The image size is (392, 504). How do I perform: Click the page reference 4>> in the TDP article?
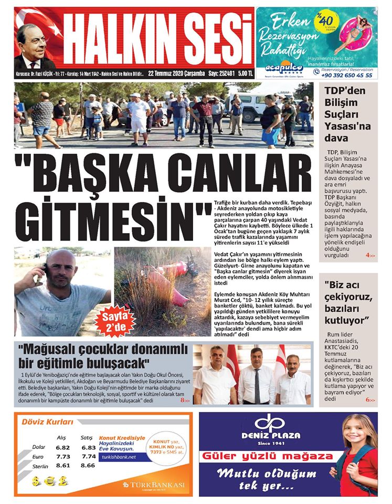click(x=370, y=255)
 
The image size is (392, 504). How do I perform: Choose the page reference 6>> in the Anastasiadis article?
click(x=370, y=400)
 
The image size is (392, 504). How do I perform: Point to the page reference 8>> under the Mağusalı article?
click(x=185, y=401)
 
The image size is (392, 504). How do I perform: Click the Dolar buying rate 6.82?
click(x=63, y=447)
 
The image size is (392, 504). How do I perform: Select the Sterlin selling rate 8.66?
click(x=88, y=465)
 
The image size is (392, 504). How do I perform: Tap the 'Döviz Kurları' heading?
click(x=47, y=422)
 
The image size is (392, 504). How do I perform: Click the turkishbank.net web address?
click(x=118, y=457)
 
